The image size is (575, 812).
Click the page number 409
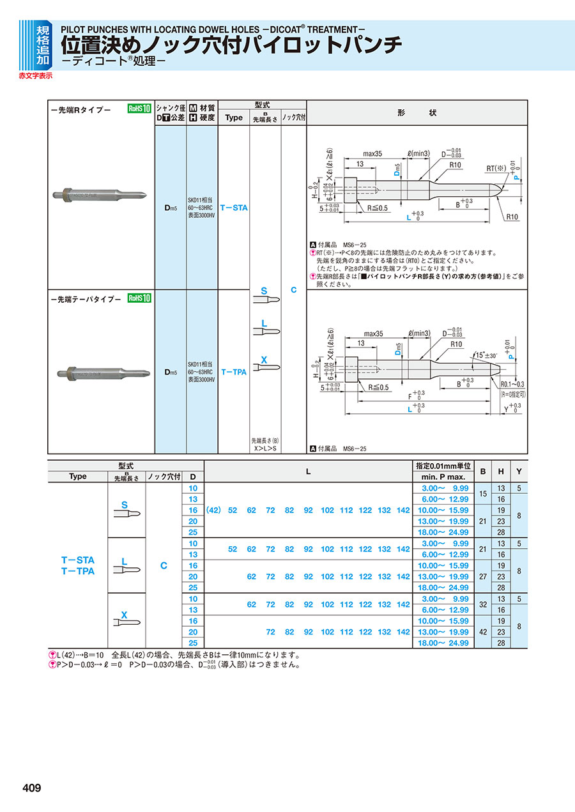coord(31,788)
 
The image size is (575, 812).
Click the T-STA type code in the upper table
coord(234,208)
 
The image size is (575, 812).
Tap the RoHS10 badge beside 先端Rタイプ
coord(139,109)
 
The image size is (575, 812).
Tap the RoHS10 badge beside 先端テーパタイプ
coord(139,298)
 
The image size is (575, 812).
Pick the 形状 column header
coord(417,112)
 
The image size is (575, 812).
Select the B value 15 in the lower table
coord(483,494)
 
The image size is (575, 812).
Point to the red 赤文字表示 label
coord(36,75)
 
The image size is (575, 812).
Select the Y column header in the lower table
coord(519,471)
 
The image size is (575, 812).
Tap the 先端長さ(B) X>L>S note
coord(265,445)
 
